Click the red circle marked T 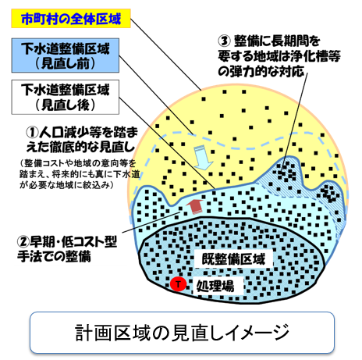click(178, 283)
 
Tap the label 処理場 click(215, 286)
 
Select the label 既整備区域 click(233, 259)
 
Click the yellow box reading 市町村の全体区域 click(71, 19)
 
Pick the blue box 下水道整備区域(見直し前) click(66, 55)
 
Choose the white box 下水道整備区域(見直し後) click(66, 97)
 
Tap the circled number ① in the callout click(32, 133)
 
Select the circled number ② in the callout click(23, 241)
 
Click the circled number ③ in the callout click(224, 41)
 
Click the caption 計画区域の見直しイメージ click(182, 333)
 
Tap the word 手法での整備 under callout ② click(54, 256)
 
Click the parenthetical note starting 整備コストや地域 click(80, 174)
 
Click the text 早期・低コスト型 click(73, 242)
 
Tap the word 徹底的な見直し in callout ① click(94, 148)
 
